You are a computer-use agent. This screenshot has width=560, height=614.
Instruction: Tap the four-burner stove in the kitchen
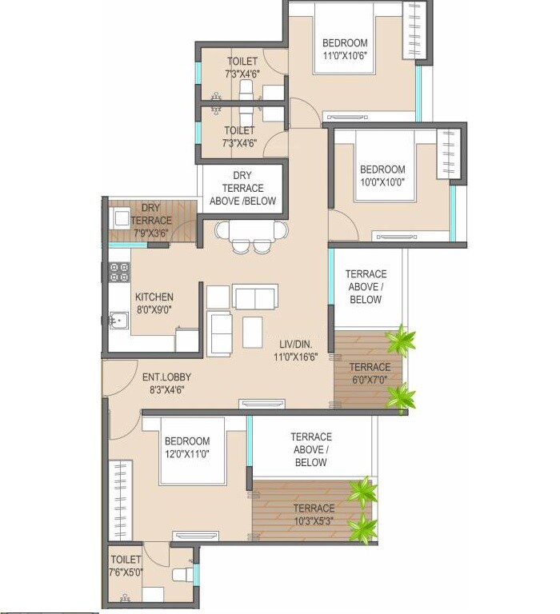coord(119,272)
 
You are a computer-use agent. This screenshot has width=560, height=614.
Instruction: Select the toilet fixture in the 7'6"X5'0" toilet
coord(182,574)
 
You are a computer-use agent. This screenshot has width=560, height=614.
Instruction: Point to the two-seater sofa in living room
coord(255,297)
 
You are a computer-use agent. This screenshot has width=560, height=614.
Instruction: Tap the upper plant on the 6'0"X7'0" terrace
coord(399,341)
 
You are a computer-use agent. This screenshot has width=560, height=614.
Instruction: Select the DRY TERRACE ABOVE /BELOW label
coord(243,188)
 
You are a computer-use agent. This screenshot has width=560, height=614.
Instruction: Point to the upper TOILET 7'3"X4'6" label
coord(242,67)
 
